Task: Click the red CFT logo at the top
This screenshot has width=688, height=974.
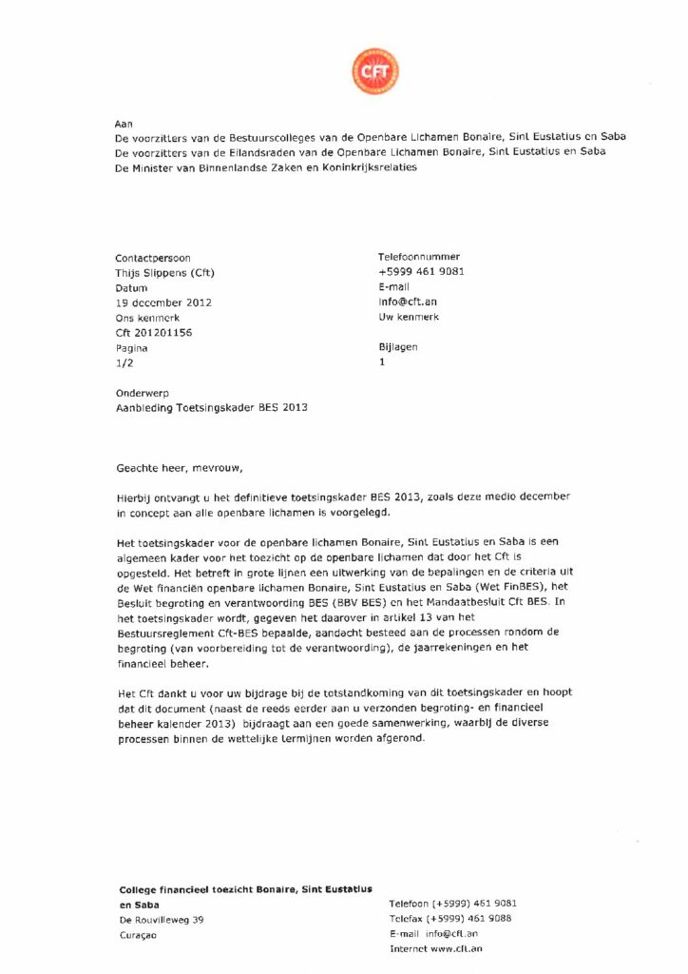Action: [375, 71]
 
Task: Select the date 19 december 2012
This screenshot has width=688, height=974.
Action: [162, 302]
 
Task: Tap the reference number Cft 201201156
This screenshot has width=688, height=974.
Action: [160, 333]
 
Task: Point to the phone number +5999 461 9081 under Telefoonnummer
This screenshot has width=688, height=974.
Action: [421, 272]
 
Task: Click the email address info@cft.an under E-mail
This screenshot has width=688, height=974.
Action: [408, 302]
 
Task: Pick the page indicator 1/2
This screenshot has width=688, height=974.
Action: [124, 363]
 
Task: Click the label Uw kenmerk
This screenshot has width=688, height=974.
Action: [408, 318]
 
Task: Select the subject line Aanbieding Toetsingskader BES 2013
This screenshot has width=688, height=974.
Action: [211, 407]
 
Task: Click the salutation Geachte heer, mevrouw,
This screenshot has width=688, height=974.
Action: [179, 468]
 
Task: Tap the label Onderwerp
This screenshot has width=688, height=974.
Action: [142, 392]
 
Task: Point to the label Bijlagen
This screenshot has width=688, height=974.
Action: [397, 348]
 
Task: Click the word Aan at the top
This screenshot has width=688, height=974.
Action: [124, 124]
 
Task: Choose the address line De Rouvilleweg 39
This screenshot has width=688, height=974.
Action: [161, 920]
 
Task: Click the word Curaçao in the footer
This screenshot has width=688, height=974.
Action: [138, 935]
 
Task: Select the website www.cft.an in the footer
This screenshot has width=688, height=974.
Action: [455, 949]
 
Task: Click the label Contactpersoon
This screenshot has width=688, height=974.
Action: [152, 257]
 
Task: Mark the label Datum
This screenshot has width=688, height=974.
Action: [131, 287]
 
